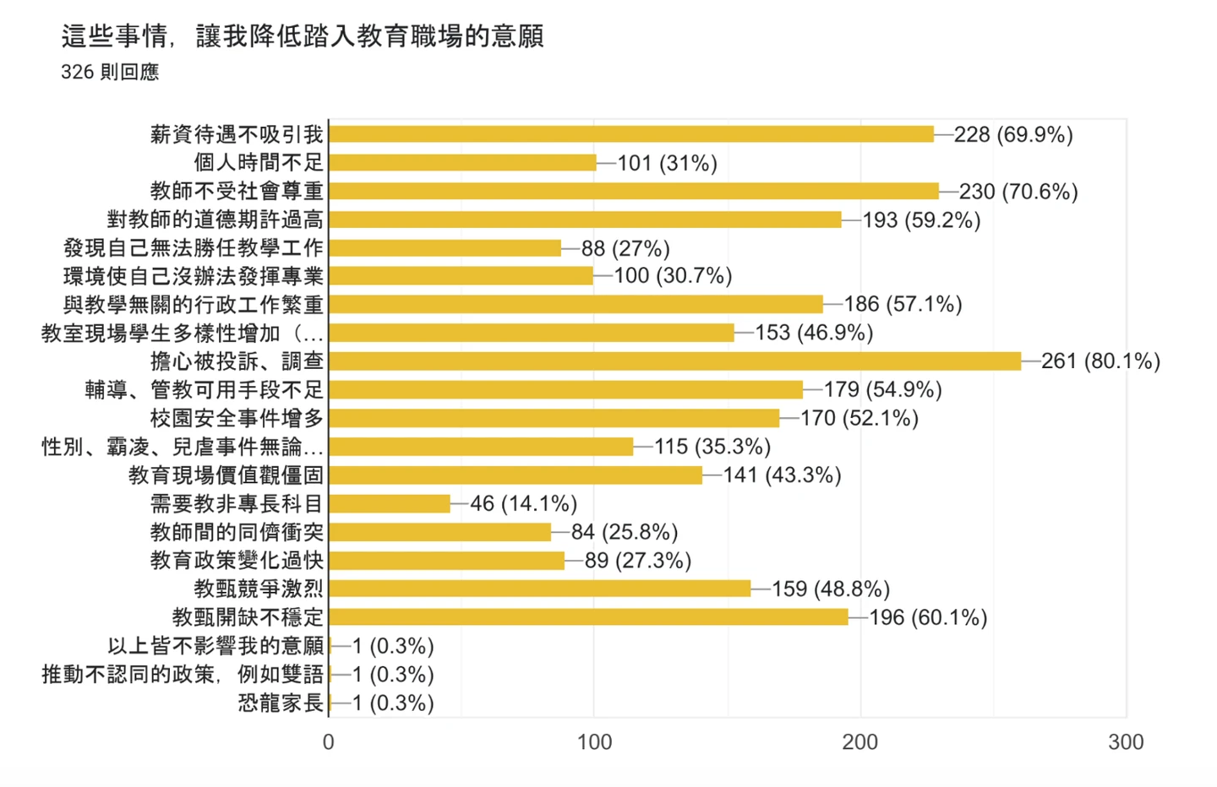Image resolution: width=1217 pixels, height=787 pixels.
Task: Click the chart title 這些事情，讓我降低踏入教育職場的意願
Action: coord(302,36)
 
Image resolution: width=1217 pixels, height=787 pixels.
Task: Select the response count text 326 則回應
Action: coord(110,73)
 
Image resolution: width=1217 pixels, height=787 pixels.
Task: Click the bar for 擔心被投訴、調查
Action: coord(674,361)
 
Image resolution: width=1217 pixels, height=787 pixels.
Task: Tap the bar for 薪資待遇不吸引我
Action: coord(631,134)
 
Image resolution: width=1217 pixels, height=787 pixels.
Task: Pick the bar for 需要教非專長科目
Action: coord(390,504)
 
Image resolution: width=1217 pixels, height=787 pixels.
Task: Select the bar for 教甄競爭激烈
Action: coord(539,589)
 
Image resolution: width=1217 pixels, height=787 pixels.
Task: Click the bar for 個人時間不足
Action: coord(462,163)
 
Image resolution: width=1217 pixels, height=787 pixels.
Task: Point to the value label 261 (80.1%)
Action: coord(1100,361)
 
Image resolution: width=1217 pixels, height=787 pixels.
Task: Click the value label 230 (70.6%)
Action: coord(1018,192)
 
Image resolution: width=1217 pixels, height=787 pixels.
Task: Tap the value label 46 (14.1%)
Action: coord(523,504)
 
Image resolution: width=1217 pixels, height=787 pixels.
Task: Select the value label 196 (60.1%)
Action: coord(928,617)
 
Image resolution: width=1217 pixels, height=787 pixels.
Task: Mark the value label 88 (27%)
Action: coord(625,248)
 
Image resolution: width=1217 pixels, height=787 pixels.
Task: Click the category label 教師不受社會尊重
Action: coord(237,192)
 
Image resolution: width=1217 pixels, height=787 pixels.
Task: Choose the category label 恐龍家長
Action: coord(281,703)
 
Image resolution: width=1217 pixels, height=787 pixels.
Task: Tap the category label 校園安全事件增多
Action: coord(237,418)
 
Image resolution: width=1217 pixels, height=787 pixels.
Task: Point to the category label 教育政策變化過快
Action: coord(237,561)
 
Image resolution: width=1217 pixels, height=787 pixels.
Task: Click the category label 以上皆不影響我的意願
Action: coord(216,646)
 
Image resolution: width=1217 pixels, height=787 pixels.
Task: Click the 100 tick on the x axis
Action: coord(594,742)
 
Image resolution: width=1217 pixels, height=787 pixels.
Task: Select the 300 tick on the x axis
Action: coord(1126,742)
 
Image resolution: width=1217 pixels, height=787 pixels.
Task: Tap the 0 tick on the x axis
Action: coord(329,742)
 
